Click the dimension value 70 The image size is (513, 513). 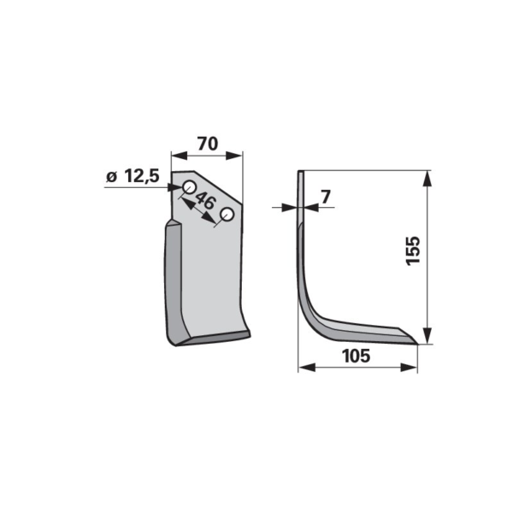(x=208, y=144)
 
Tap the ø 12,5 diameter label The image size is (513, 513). (x=133, y=177)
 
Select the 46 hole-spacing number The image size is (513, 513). (x=205, y=201)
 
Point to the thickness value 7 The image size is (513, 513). (x=326, y=197)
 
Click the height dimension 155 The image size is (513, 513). (x=413, y=251)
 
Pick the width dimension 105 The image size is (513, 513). (x=356, y=356)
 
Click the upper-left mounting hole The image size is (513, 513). (x=189, y=187)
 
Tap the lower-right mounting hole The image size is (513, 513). (x=227, y=215)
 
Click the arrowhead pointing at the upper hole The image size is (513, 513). (x=175, y=187)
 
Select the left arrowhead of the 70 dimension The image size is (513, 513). (x=180, y=156)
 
